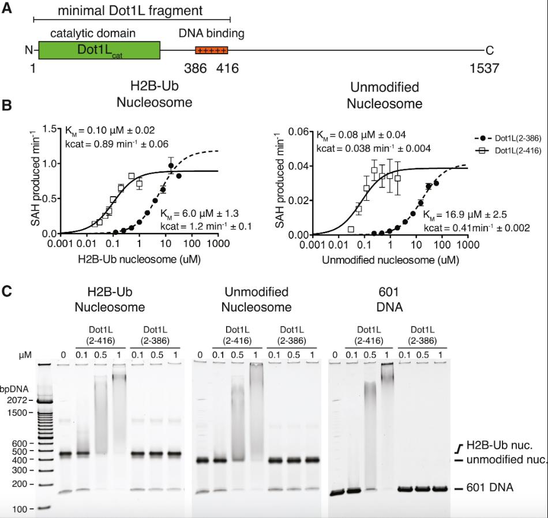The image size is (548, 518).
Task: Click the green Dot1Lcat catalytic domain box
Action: click(x=99, y=50)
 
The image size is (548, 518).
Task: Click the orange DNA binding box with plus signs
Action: click(x=212, y=50)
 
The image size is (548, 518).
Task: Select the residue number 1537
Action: click(x=484, y=69)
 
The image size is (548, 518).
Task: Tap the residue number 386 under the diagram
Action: click(x=195, y=69)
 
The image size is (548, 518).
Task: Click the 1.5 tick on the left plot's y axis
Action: click(x=36, y=129)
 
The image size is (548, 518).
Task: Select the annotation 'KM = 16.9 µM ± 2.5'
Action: click(x=466, y=215)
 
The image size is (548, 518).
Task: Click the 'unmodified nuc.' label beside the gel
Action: click(x=505, y=460)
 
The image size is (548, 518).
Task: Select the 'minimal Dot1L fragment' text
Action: click(x=130, y=10)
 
